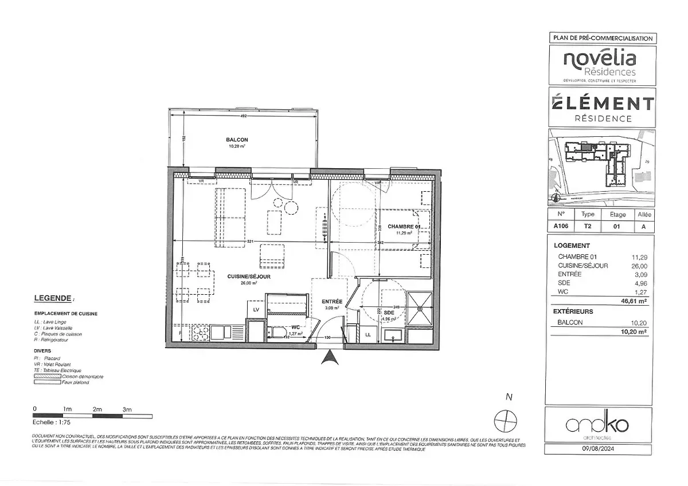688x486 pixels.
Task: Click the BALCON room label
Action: [237, 140]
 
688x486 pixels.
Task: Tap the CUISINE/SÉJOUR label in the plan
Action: [248, 276]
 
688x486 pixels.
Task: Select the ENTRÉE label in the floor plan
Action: [332, 301]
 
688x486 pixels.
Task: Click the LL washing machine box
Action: [368, 334]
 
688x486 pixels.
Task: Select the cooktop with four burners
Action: [200, 333]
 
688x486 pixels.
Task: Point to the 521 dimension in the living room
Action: [251, 242]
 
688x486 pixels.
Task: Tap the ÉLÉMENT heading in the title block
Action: [603, 104]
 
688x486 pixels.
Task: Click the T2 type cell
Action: [588, 226]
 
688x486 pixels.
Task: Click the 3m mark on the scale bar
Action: [127, 409]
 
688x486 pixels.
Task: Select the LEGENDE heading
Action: [53, 298]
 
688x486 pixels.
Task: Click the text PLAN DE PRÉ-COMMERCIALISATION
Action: [603, 38]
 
